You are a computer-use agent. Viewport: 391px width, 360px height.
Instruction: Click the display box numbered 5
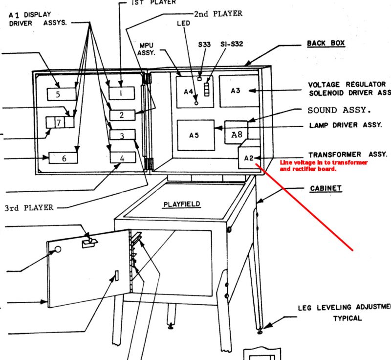62,93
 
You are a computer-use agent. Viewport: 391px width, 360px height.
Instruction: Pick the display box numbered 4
122,157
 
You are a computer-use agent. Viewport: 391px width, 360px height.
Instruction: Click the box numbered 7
58,122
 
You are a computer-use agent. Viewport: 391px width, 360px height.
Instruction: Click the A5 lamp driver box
195,135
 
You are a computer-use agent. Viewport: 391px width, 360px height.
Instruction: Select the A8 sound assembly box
236,133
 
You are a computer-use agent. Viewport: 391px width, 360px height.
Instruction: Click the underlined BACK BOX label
326,43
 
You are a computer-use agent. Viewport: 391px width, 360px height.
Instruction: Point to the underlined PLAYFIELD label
182,203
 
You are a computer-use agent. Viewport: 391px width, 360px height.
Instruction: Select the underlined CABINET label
326,188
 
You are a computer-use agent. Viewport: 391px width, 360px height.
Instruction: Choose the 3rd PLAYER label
28,207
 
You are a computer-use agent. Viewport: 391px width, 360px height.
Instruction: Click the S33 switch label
204,45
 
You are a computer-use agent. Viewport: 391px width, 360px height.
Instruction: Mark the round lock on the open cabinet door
58,249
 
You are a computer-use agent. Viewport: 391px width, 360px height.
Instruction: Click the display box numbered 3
122,135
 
